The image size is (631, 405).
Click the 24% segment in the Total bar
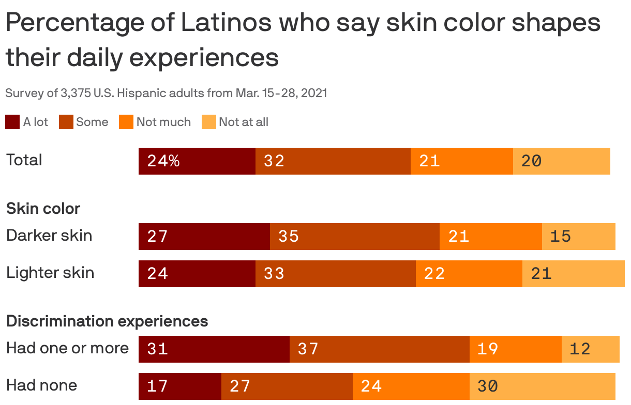pos(197,161)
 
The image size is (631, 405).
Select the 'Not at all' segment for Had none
pos(542,386)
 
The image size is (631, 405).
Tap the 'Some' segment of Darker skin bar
pos(354,237)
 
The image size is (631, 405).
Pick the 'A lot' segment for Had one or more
pos(214,349)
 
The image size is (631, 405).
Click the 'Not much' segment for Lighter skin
pos(469,274)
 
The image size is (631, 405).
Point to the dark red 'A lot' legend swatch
pos(12,122)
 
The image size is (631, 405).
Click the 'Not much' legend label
pos(163,122)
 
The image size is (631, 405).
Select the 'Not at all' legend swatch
pos(208,122)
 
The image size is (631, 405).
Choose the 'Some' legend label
pos(92,122)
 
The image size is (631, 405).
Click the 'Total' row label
pos(24,160)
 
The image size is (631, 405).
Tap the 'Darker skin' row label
pos(49,236)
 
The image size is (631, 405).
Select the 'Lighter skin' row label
pos(50,273)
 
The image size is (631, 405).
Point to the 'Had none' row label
pos(41,385)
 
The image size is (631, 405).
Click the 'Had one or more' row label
pos(67,348)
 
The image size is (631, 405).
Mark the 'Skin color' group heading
pos(43,209)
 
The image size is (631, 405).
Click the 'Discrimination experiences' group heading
pos(107,321)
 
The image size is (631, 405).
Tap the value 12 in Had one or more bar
pos(579,349)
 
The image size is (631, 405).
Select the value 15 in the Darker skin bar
pos(560,237)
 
